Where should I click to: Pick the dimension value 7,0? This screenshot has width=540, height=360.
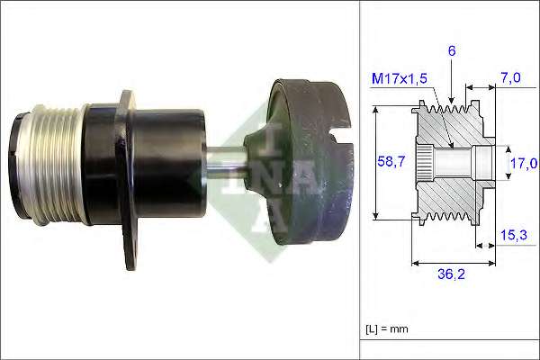tap(510, 78)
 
